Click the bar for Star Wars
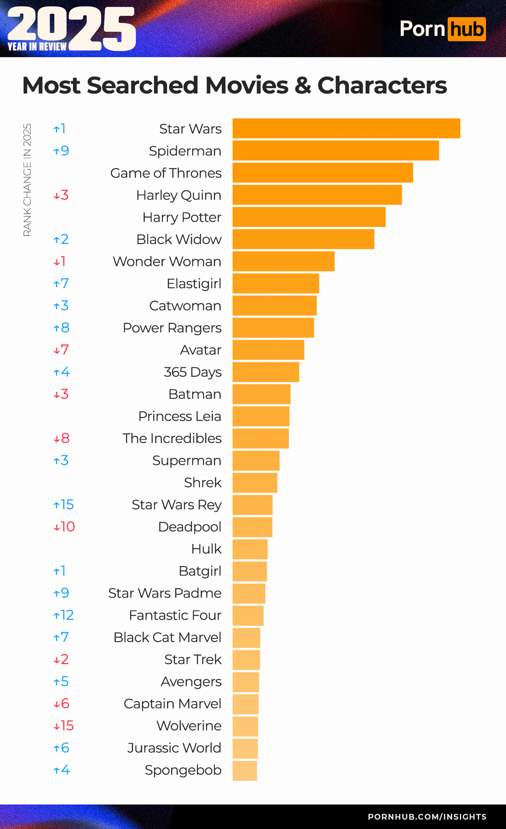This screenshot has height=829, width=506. (346, 129)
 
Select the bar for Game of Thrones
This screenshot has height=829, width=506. (323, 173)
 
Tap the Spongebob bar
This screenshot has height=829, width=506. (245, 770)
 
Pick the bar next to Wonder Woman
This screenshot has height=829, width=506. (283, 261)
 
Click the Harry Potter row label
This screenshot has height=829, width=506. (182, 217)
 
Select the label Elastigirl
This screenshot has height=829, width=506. (194, 284)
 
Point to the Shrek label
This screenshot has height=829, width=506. (202, 483)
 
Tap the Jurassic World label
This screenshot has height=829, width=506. (174, 748)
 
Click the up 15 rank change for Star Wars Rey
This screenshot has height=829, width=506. (64, 505)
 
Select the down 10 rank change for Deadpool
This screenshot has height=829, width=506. (64, 527)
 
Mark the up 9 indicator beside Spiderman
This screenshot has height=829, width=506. (61, 151)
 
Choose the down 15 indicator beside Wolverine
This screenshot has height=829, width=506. (64, 726)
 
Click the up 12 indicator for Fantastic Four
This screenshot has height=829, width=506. (64, 615)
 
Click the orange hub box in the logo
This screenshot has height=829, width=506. (466, 29)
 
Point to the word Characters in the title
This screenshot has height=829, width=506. (382, 85)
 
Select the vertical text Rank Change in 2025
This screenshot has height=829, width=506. (27, 180)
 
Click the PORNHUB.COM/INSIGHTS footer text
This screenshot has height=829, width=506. (427, 817)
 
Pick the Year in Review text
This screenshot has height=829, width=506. (37, 47)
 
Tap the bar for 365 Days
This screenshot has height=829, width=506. (266, 372)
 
